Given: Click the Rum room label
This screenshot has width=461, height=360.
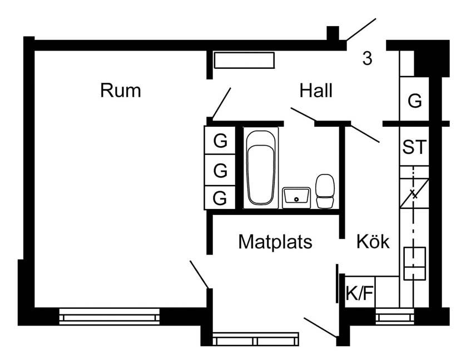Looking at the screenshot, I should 121,91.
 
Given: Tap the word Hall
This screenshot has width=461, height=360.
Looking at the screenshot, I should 315,90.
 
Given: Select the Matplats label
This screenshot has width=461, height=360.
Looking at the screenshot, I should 275,242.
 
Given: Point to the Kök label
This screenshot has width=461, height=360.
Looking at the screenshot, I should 373,242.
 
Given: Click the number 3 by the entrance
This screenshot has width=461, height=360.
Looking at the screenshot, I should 366,58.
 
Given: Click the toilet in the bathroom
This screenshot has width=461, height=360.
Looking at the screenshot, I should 325,191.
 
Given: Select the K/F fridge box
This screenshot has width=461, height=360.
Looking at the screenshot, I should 359,293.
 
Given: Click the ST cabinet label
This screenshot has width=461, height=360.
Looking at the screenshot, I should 414,147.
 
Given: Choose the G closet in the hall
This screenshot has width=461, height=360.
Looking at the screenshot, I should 414,101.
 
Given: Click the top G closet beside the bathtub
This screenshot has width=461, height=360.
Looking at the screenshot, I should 221,141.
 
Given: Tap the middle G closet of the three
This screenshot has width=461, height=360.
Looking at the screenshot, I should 221,171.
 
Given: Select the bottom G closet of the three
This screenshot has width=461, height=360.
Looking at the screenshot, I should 221,197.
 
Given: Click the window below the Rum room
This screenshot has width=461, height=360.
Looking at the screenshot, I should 110,317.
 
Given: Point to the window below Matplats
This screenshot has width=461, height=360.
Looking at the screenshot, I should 256,337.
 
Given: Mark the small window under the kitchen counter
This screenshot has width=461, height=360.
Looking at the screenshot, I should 394,317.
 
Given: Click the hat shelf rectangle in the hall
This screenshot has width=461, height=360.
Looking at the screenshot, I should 244,60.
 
